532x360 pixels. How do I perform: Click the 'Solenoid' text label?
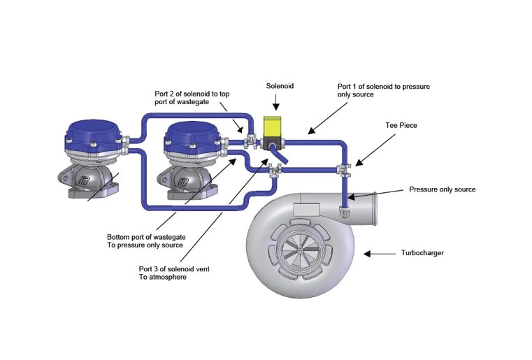coord(280,86)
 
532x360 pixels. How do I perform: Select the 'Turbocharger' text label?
coord(422,253)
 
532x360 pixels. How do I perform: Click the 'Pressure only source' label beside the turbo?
coord(442,189)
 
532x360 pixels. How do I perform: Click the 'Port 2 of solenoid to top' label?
coord(192,94)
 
